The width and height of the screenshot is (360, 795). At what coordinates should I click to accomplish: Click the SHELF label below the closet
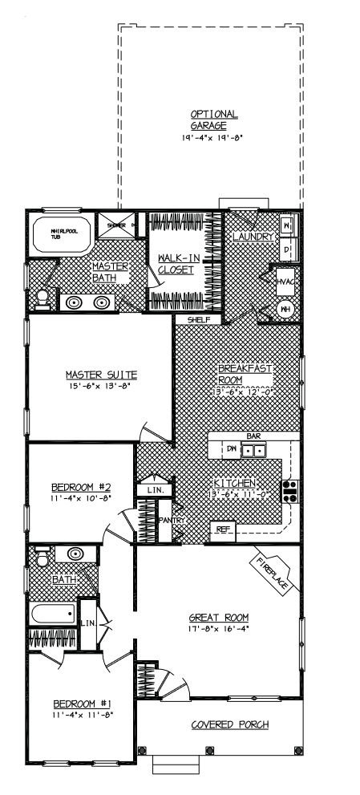click(x=198, y=319)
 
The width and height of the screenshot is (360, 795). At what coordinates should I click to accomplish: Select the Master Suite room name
click(x=101, y=374)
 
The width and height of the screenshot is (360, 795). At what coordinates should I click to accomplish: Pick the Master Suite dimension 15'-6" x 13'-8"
click(x=101, y=386)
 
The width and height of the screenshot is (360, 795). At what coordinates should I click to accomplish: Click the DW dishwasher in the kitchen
click(x=231, y=449)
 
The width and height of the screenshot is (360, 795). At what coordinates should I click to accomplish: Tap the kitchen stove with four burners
click(x=289, y=489)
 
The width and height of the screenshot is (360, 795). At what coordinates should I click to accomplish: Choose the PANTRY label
click(x=173, y=521)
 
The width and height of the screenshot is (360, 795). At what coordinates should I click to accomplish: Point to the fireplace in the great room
click(x=273, y=573)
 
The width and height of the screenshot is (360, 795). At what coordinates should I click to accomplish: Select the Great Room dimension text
click(x=219, y=629)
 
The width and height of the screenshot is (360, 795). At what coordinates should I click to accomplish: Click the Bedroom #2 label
click(x=79, y=486)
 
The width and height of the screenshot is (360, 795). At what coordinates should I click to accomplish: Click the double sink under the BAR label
click(x=255, y=450)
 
